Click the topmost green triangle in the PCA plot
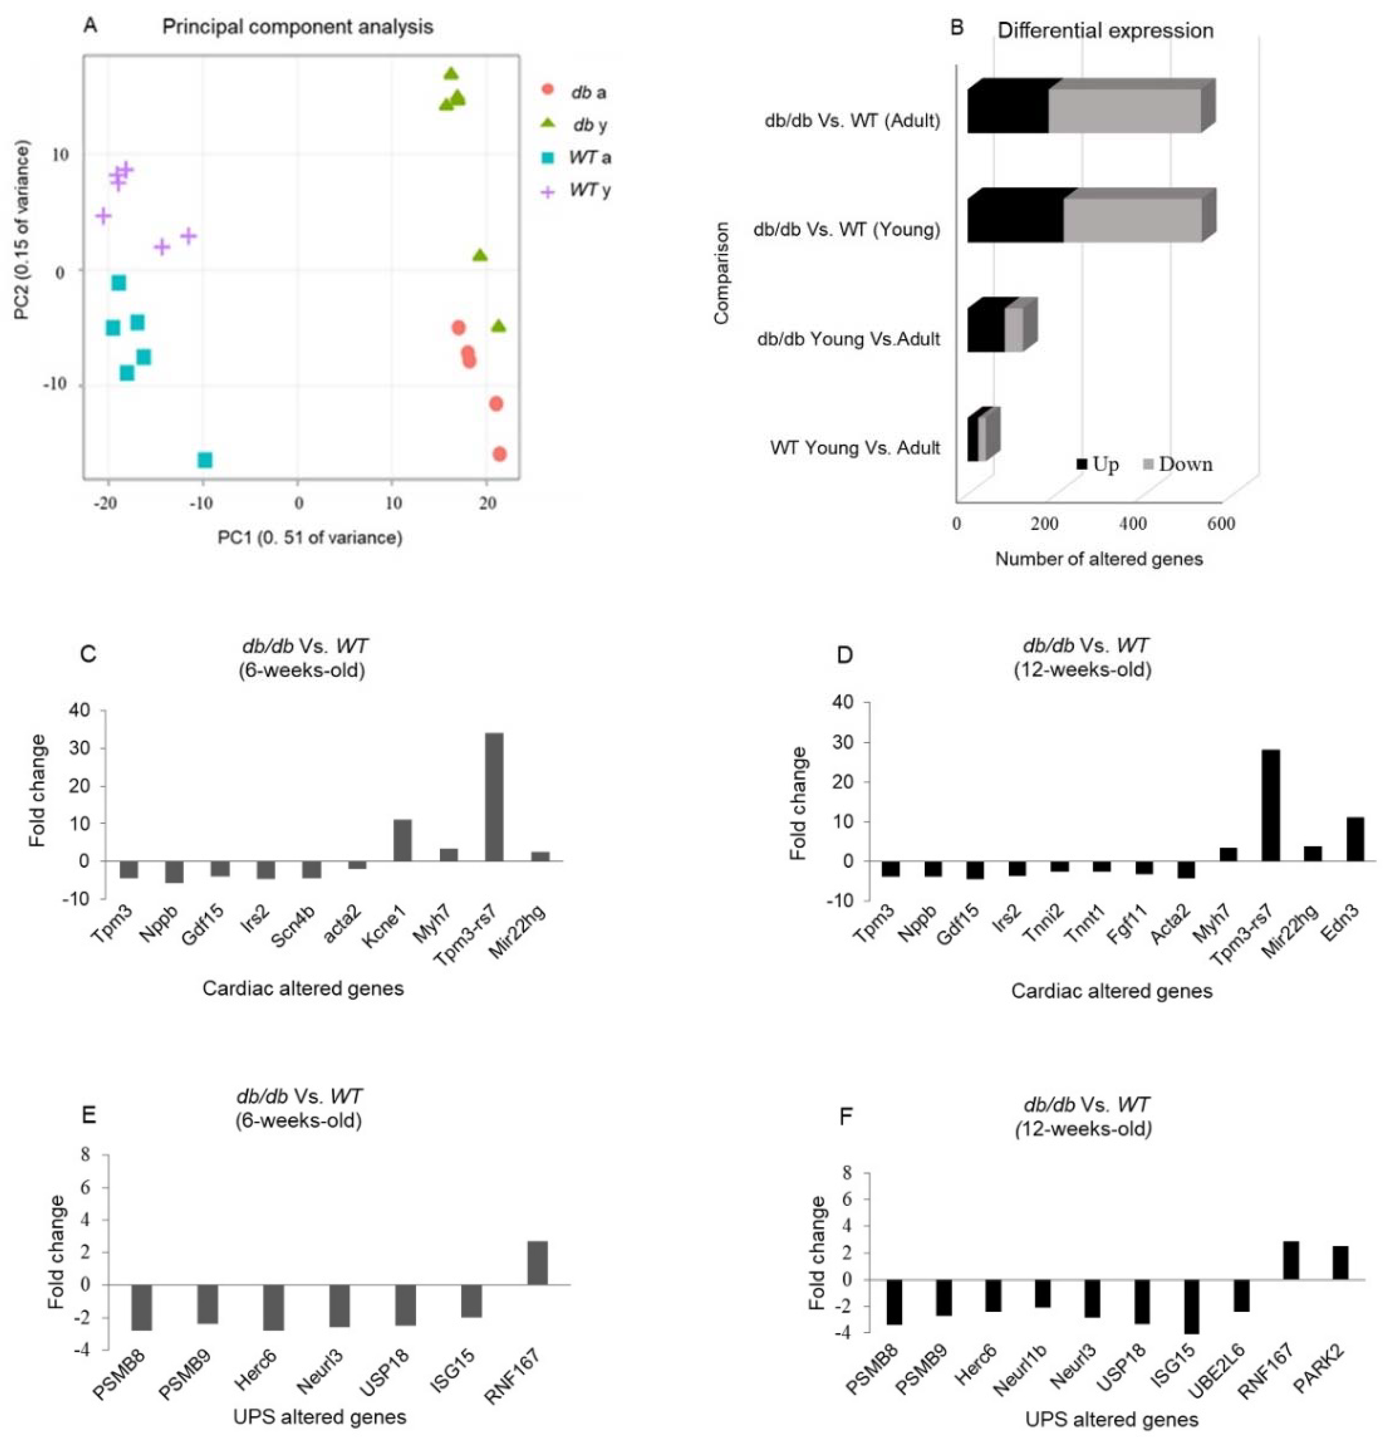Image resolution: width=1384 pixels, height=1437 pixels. [x=451, y=73]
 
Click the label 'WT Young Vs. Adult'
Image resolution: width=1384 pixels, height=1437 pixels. [x=854, y=447]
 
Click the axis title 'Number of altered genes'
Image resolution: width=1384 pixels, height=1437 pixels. [x=1098, y=559]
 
